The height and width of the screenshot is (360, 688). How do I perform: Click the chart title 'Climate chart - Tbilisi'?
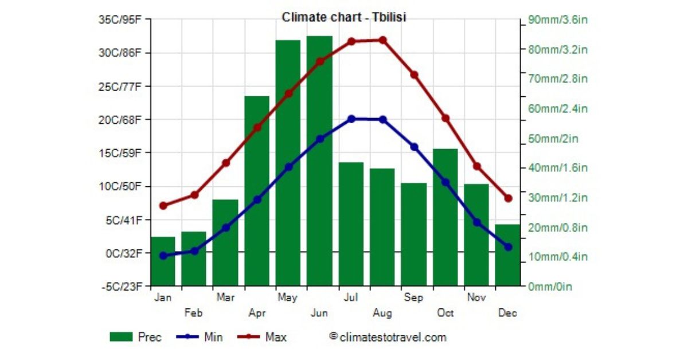(x=343, y=18)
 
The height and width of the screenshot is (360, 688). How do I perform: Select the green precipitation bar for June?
(x=319, y=161)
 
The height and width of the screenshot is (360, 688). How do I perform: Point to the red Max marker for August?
(x=382, y=40)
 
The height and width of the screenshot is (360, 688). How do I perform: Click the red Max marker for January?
(x=163, y=205)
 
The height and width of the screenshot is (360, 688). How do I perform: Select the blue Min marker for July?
(x=351, y=119)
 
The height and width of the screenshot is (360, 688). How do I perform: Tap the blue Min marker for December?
(x=508, y=246)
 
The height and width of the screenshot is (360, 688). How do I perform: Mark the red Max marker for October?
(x=445, y=118)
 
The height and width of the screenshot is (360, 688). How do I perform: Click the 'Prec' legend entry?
(x=136, y=337)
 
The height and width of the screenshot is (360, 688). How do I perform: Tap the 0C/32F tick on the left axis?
(x=127, y=253)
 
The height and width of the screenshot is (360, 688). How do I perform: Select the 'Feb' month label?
(x=194, y=313)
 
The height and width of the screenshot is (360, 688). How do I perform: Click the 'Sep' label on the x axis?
(x=413, y=298)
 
